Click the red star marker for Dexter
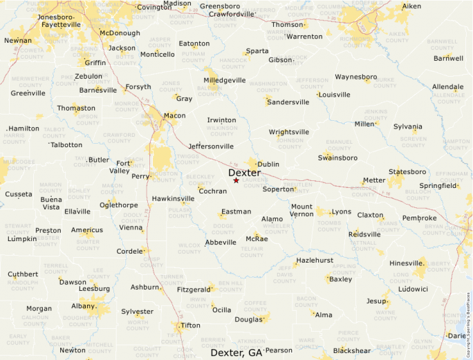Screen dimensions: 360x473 [236, 180]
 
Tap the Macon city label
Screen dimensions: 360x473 [174, 115]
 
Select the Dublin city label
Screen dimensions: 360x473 [268, 164]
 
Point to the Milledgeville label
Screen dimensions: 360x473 [225, 80]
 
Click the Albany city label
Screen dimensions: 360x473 [84, 305]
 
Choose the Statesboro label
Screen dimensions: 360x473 [407, 171]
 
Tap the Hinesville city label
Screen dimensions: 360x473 [406, 263]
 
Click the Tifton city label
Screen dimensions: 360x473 [190, 325]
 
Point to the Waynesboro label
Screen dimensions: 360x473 [355, 77]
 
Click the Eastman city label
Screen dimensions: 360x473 [236, 211]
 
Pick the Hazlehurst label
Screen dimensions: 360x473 [315, 260]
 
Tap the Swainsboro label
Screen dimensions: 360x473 [337, 158]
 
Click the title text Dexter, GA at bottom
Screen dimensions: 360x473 [236, 352]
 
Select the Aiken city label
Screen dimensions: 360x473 [411, 6]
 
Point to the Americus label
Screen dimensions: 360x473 [87, 230]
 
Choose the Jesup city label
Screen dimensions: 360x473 [376, 301]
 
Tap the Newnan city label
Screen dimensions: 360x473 [18, 41]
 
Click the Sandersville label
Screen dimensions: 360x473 [288, 102]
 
